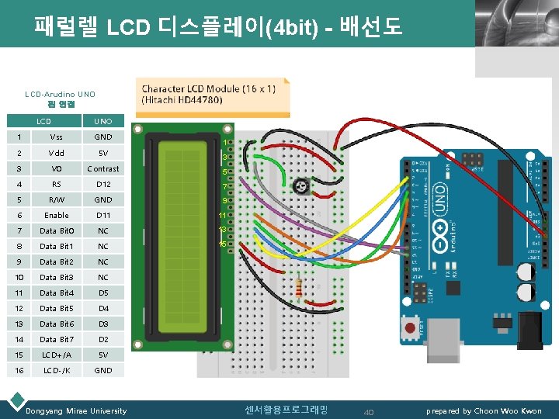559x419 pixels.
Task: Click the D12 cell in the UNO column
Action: [103, 184]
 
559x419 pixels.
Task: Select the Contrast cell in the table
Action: [103, 168]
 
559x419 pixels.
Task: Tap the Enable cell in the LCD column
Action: [56, 215]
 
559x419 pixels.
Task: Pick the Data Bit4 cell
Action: [56, 293]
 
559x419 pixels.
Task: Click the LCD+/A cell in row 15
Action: [56, 355]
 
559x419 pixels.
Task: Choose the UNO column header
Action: [103, 121]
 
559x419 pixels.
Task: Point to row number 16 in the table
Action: [17, 370]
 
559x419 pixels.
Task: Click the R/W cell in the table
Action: [56, 199]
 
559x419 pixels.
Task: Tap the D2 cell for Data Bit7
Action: [103, 339]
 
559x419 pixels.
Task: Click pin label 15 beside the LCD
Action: [222, 244]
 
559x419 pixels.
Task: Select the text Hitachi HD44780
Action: [182, 100]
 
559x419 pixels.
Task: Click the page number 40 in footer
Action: [369, 411]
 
